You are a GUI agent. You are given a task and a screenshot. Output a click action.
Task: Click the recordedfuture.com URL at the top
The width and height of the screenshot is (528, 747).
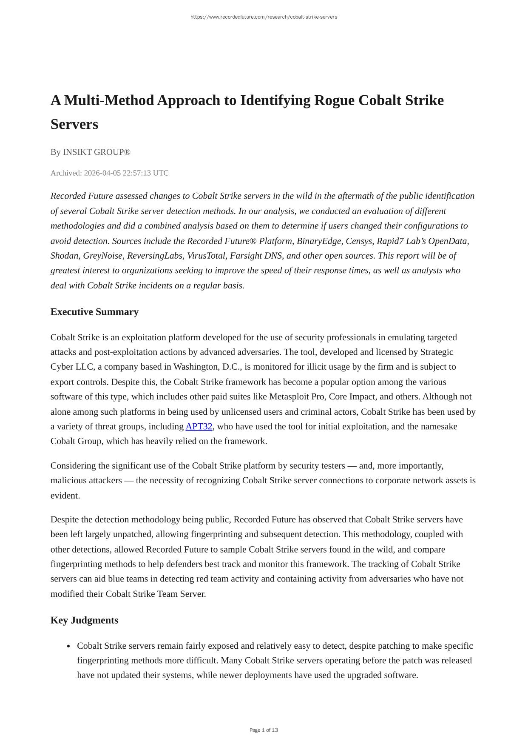coord(264,17)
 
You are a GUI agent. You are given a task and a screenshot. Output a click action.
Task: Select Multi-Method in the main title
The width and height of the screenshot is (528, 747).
coord(109,100)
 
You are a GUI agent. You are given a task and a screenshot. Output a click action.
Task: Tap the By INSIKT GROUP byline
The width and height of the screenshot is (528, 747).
coord(90,152)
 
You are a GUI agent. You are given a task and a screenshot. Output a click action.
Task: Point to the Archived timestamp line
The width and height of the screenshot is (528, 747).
coord(109,173)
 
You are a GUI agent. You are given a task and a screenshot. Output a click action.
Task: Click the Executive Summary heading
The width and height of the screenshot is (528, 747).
coord(94,312)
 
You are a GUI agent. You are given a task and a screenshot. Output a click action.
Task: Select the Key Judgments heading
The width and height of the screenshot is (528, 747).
coord(84,620)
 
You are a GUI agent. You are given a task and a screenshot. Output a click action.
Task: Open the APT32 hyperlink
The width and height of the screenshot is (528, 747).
coord(199,426)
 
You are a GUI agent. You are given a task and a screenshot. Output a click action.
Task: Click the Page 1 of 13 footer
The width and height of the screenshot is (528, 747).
coord(264,730)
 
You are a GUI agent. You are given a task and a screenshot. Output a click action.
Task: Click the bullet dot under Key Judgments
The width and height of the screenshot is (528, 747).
coord(68,646)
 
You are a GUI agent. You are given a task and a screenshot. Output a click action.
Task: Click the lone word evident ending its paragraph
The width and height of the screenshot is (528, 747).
coord(65,496)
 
